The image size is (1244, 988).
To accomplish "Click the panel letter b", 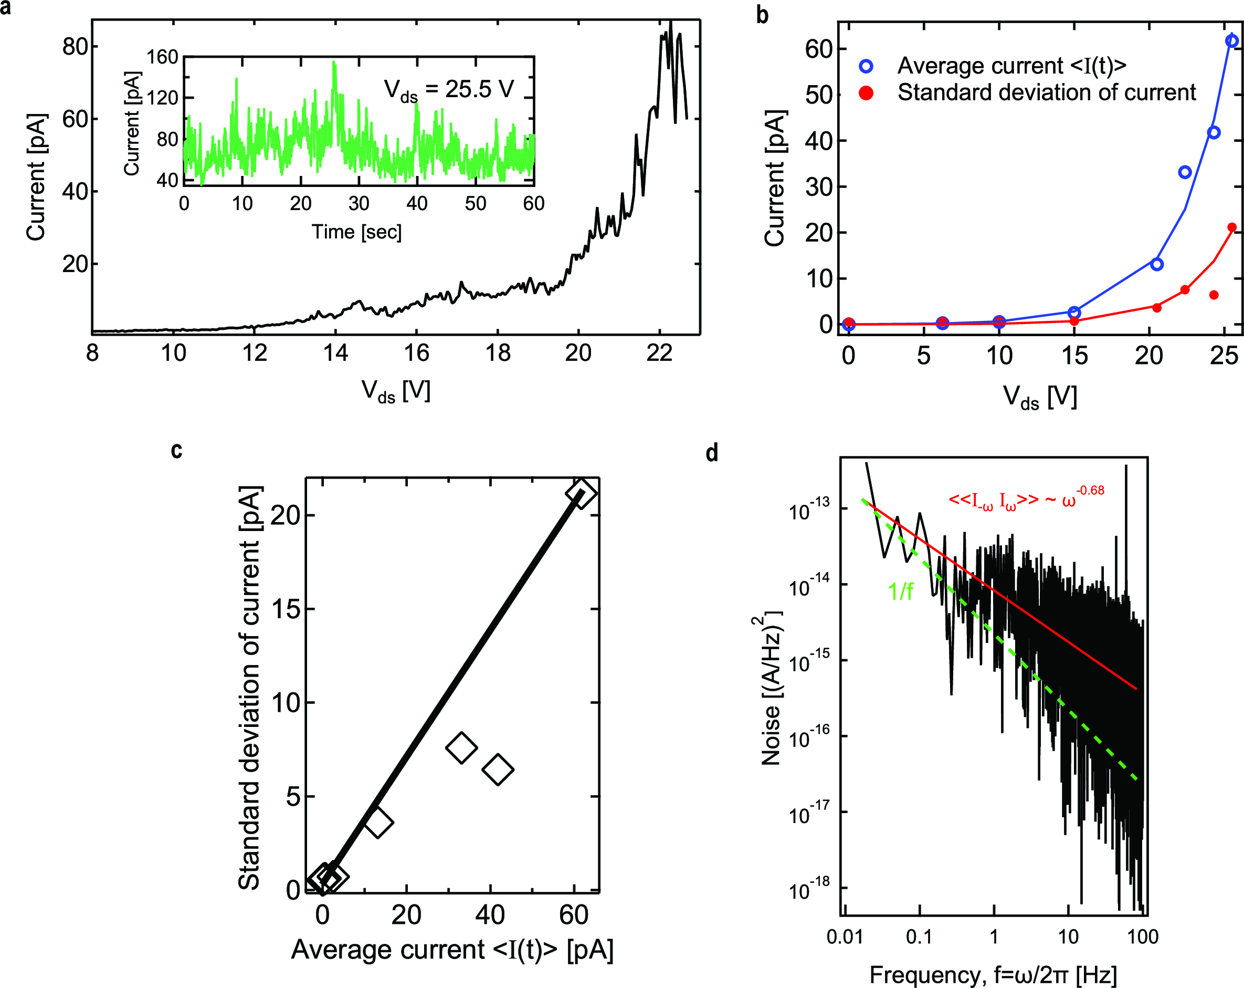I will (x=762, y=16).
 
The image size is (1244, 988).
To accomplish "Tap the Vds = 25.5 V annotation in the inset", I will (x=449, y=90).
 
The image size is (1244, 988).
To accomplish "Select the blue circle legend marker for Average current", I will (x=866, y=66).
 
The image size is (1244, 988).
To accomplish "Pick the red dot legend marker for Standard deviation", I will (x=866, y=93).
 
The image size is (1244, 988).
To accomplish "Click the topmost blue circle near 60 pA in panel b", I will (x=1231, y=41).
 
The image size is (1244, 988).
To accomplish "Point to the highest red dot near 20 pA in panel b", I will (x=1231, y=227).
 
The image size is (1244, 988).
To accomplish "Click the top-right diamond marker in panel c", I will (x=581, y=493).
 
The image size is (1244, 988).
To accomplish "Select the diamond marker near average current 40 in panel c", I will (x=498, y=769).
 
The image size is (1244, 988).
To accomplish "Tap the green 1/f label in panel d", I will (x=900, y=592).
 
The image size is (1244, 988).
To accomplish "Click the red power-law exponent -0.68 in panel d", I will (x=1090, y=490).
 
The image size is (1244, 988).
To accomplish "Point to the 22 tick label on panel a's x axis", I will (x=659, y=353).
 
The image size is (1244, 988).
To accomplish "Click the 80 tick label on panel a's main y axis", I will (x=75, y=47).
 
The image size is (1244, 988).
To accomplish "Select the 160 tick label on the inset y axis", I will (x=162, y=57).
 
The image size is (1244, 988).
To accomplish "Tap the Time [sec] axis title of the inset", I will (x=356, y=232).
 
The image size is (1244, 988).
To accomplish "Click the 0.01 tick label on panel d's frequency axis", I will (x=845, y=936).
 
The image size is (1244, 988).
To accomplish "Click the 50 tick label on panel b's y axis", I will (x=820, y=95).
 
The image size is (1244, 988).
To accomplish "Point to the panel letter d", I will (x=712, y=453).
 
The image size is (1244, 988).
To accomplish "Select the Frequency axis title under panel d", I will (x=993, y=975).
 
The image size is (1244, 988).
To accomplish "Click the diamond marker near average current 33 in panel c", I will (x=461, y=747).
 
